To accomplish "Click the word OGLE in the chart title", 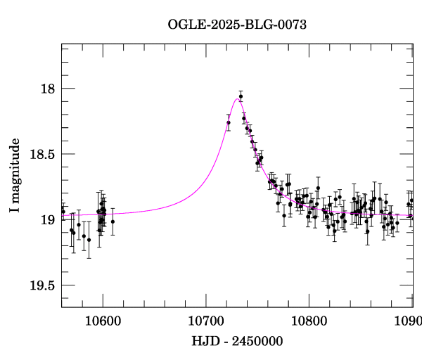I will click(183, 25).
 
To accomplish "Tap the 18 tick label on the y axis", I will click(49, 89).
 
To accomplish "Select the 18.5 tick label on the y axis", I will click(43, 154).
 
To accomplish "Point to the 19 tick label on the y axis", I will click(49, 219).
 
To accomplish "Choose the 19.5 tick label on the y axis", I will click(43, 285).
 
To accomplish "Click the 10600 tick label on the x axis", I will click(103, 321).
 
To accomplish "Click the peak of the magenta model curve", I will click(236, 99).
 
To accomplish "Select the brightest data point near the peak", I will click(241, 96).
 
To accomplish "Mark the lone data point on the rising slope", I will click(229, 123).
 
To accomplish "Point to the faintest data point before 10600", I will click(89, 240).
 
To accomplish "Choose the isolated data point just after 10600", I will click(113, 221).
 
